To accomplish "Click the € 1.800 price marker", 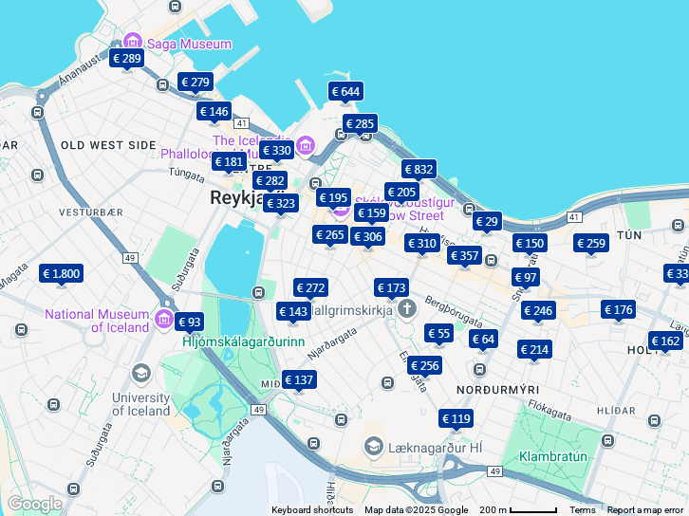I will coord(62,274).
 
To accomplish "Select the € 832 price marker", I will coord(419,170).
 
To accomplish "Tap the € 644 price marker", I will coord(346,92).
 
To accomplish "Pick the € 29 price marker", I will coord(487,222).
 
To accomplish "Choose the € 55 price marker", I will coord(438,333).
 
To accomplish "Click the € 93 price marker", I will coord(189,322).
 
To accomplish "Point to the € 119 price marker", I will coord(456,418).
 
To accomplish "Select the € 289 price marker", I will coord(126,59).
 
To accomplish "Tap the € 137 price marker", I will coord(299,380).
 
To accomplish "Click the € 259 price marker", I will coord(590,244).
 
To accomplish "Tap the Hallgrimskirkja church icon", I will coord(407,308).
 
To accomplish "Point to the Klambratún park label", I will coord(557,456).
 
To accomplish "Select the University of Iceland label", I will coord(141,404).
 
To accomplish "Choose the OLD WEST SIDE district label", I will coord(107,145).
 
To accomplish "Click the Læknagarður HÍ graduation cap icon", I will coord(374,446).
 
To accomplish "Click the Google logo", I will coord(34,504).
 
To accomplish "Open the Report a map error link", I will coord(644,510).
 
